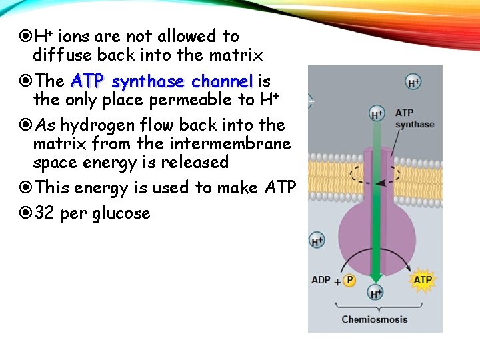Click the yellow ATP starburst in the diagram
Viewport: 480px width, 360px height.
point(423,280)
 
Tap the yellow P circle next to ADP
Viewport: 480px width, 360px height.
point(350,281)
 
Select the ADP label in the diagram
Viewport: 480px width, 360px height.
point(321,280)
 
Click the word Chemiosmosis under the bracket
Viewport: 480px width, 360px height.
point(375,319)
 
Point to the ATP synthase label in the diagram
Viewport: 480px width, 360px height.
point(414,119)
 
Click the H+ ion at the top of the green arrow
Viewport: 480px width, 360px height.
point(377,114)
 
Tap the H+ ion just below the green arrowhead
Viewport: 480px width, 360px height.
point(377,293)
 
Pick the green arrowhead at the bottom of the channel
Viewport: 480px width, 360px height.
point(377,273)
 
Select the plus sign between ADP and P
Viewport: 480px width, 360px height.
point(337,281)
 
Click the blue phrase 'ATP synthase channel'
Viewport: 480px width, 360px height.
point(162,81)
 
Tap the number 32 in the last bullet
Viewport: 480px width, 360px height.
point(44,213)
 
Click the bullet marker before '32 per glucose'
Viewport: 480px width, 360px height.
point(26,213)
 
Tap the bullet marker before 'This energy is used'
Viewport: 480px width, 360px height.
point(26,188)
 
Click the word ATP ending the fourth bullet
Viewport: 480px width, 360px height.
point(280,188)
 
